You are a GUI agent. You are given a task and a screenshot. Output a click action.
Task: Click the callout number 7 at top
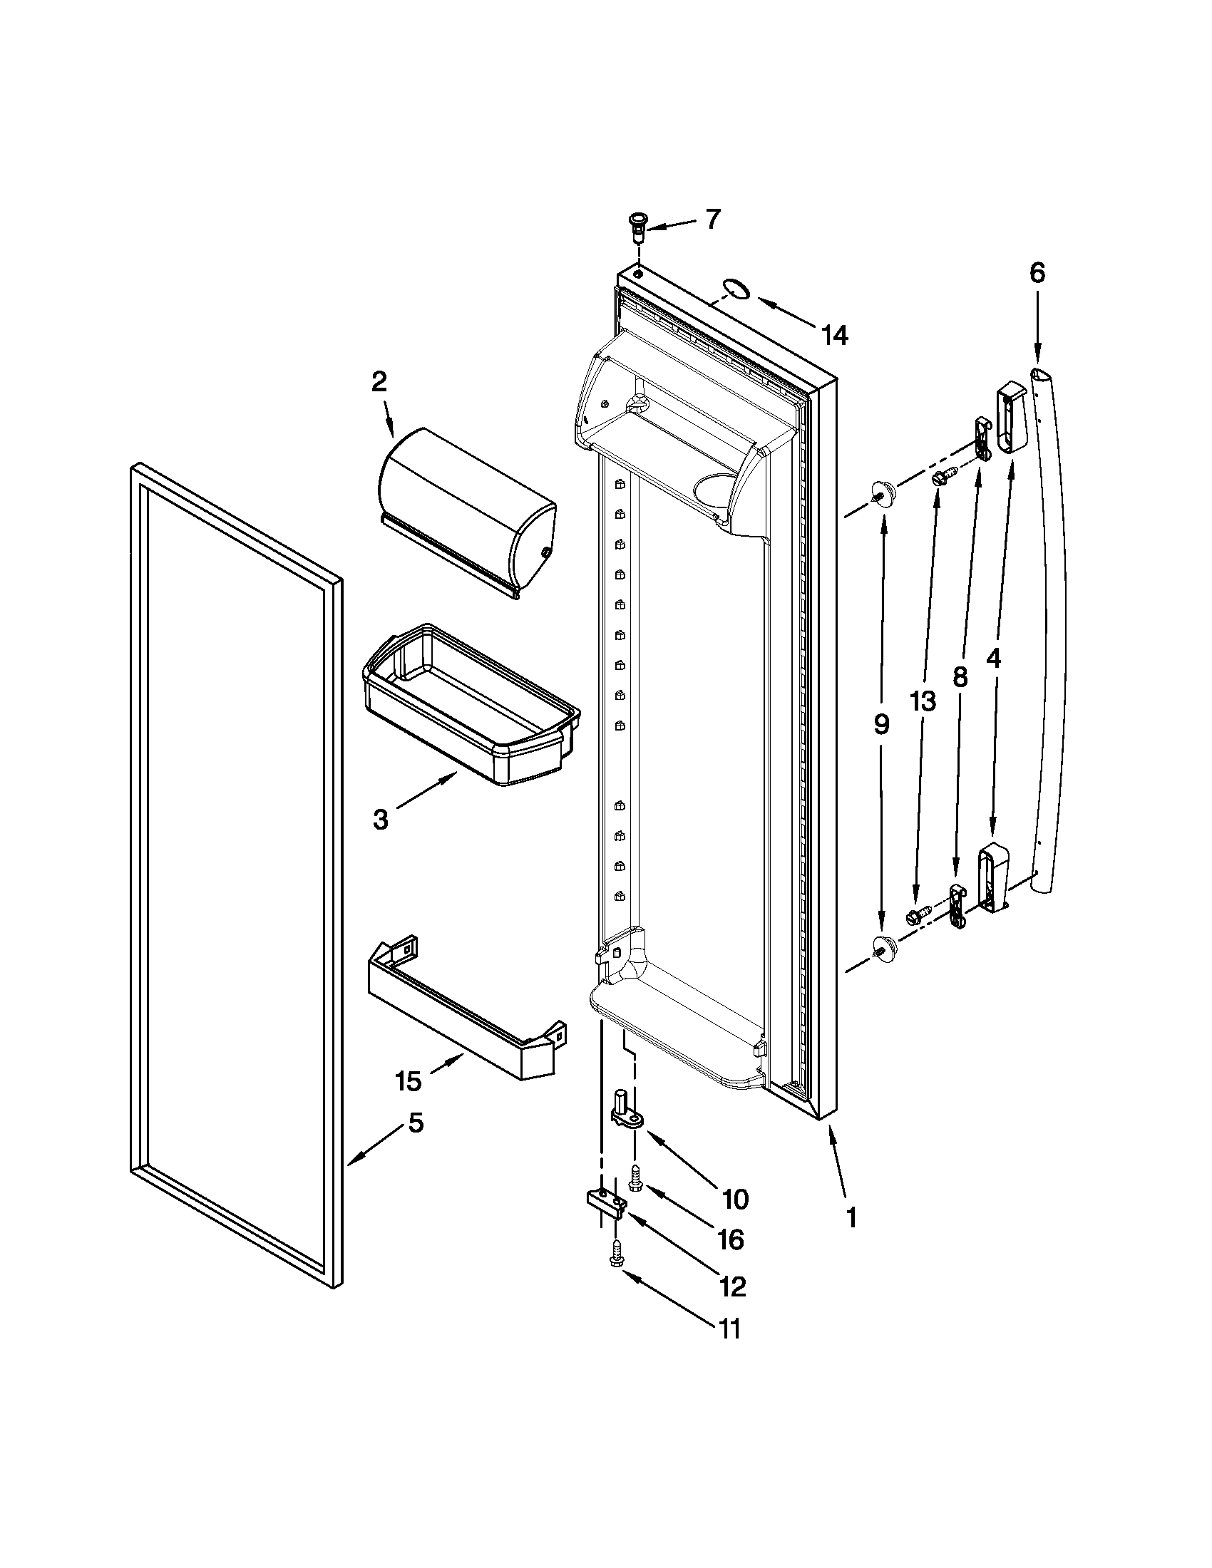coord(711,219)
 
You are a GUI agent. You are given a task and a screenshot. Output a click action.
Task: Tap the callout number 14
coord(834,334)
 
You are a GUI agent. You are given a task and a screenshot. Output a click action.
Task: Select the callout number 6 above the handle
coord(1037,273)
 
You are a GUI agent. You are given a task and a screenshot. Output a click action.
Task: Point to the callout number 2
coord(379,381)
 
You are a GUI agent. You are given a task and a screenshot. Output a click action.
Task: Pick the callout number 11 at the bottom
coord(729,1330)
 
